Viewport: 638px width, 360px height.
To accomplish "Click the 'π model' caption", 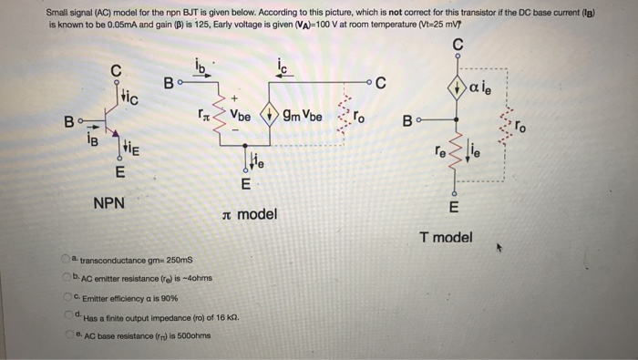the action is pyautogui.click(x=250, y=215).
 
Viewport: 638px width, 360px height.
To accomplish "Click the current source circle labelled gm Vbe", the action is pyautogui.click(x=270, y=117).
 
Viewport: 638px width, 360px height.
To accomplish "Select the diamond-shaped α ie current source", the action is pyautogui.click(x=458, y=87).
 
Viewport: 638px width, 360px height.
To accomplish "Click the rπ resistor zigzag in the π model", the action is pyautogui.click(x=220, y=115).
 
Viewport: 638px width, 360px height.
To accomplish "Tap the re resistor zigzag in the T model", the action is pyautogui.click(x=457, y=154).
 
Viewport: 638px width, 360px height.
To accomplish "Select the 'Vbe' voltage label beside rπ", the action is pyautogui.click(x=242, y=117).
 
